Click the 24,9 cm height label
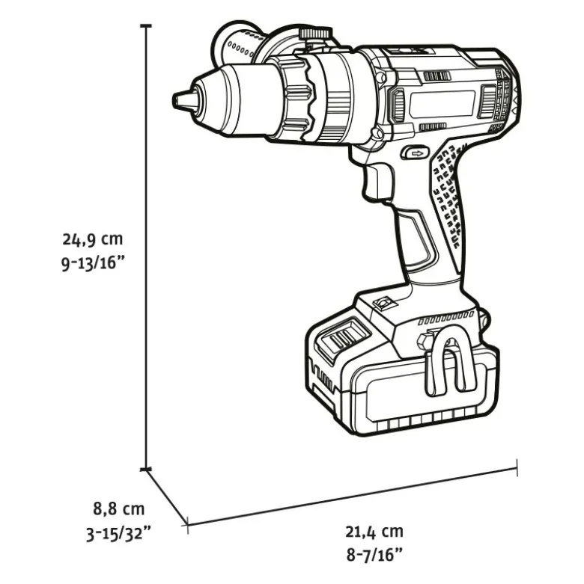point(93,239)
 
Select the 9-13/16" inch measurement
point(93,264)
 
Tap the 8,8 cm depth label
point(118,508)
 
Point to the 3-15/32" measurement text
point(118,534)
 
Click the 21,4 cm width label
point(374,532)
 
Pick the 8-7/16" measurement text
point(375,556)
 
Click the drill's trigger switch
point(377,182)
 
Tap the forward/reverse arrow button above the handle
point(415,153)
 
